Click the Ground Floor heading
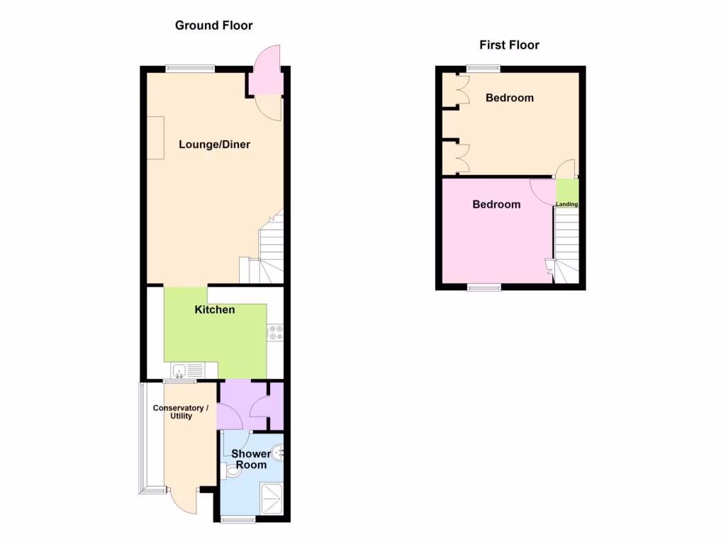(x=213, y=25)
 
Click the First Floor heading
(x=509, y=45)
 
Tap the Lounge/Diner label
(x=214, y=144)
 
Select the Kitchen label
(x=215, y=310)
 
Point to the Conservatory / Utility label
(x=181, y=412)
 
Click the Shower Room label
(x=251, y=459)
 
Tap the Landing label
(x=566, y=205)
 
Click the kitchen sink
(x=180, y=370)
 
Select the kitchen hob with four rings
(x=275, y=333)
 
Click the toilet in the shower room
(x=229, y=470)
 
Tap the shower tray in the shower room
(x=272, y=499)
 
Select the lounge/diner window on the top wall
(x=190, y=69)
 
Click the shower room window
(x=237, y=521)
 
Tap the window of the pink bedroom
(x=484, y=287)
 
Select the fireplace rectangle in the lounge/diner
(x=155, y=137)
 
